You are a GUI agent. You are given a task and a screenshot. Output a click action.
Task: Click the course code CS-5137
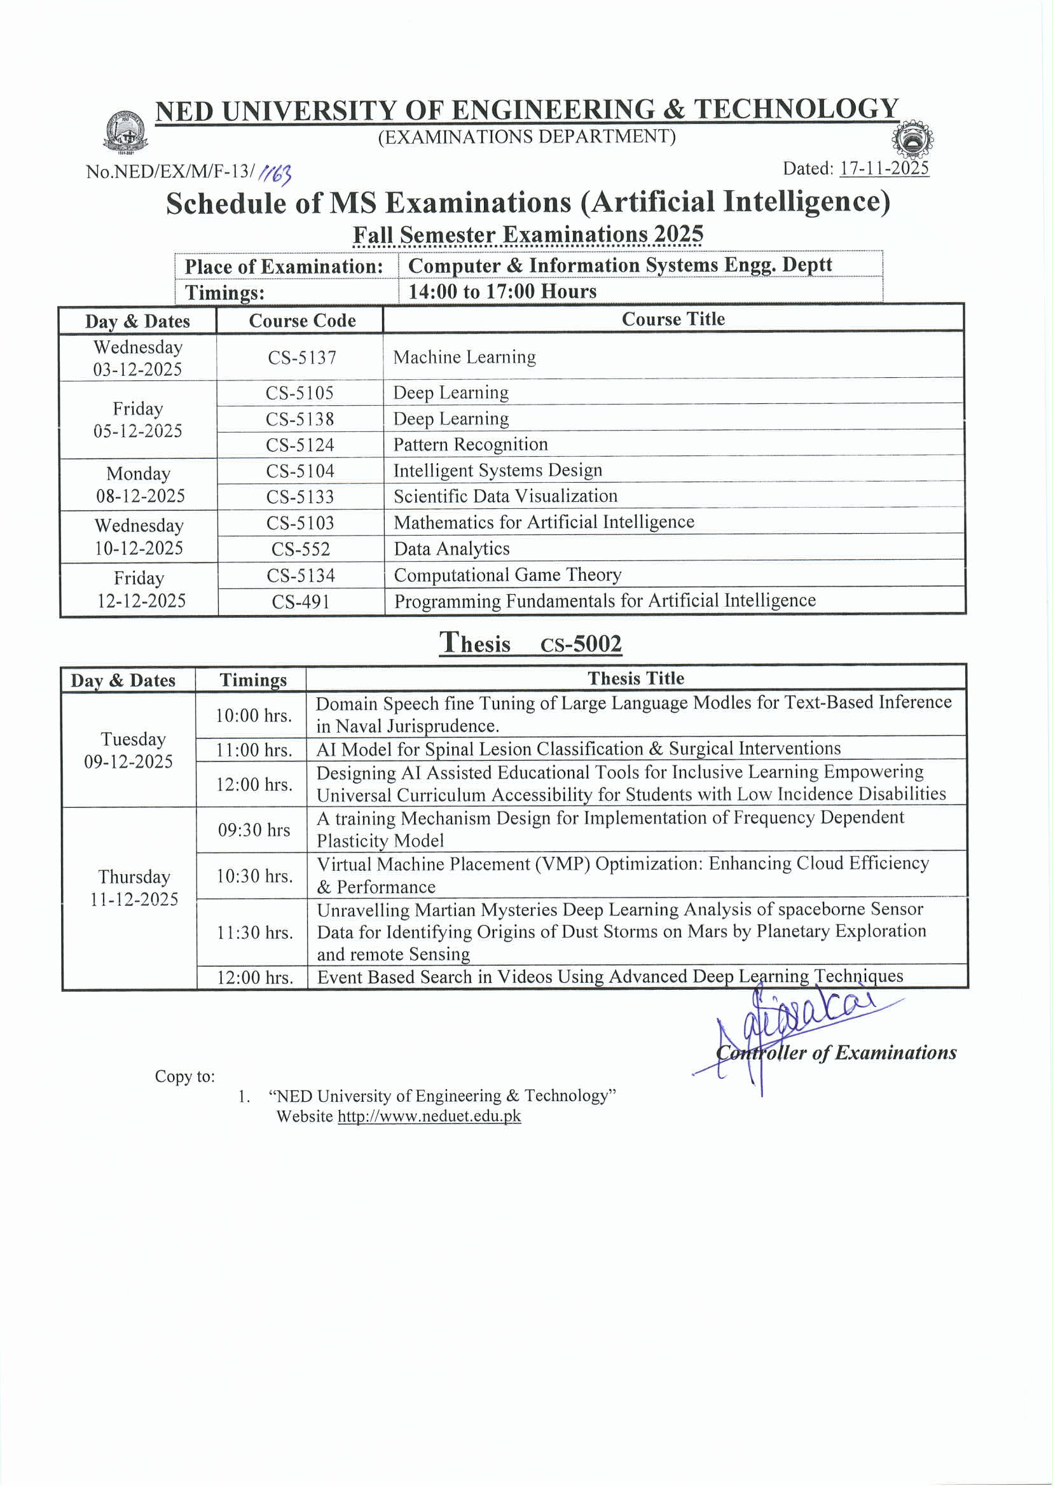point(302,358)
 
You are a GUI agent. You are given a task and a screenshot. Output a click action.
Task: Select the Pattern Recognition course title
point(470,444)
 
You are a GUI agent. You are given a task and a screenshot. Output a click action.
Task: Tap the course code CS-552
point(301,550)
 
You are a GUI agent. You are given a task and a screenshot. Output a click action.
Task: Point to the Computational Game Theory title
point(507,574)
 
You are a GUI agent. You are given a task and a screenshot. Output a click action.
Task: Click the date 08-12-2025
point(141,496)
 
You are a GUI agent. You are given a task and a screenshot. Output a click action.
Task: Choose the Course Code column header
point(302,321)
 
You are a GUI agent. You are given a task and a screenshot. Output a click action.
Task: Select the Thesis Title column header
point(635,679)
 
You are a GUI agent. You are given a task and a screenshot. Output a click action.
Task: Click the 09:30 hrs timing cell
point(254,830)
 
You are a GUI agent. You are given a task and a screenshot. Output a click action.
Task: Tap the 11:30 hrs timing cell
point(255,933)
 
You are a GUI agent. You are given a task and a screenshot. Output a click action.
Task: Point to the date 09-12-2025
point(128,761)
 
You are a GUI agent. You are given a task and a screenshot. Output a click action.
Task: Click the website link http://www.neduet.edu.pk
point(429,1116)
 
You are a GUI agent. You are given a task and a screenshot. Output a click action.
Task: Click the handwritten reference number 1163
point(275,173)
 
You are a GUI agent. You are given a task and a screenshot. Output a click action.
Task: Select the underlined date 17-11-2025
point(884,169)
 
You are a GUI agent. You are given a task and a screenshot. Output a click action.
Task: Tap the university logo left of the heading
point(127,132)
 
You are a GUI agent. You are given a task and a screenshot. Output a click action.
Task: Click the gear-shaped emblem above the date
point(912,139)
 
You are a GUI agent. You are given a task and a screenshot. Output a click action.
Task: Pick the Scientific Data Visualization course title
point(505,496)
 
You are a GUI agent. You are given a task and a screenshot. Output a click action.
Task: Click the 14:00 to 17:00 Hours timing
point(502,291)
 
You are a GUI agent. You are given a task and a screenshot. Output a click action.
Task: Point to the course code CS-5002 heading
point(581,644)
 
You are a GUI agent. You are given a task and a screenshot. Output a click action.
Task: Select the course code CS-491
point(301,602)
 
